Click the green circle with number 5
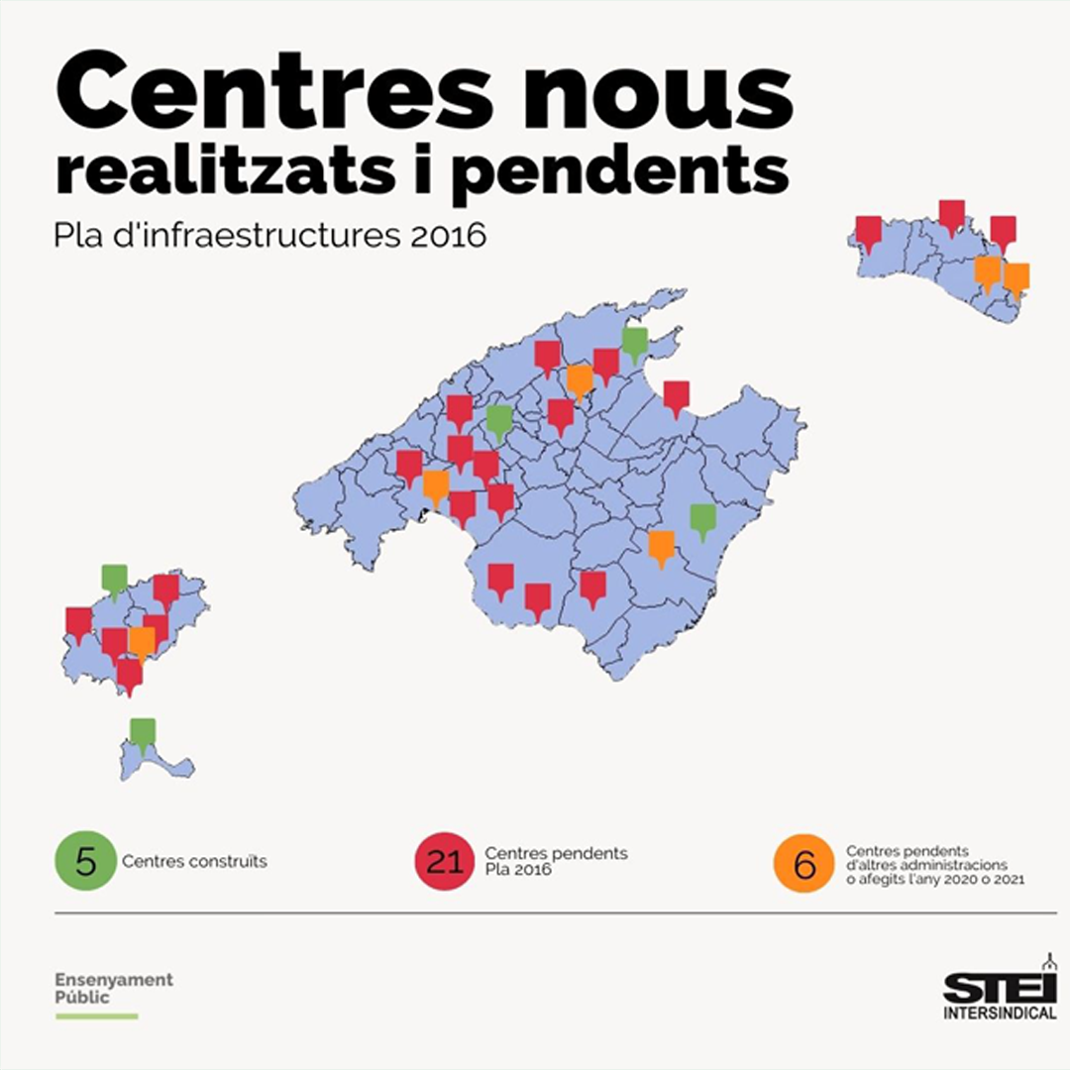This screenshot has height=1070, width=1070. coord(86,861)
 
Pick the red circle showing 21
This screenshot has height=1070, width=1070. coord(445,861)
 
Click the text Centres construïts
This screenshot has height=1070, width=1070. coord(195,861)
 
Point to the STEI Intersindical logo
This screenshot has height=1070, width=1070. coord(999,991)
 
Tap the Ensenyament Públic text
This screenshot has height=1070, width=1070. coord(113,988)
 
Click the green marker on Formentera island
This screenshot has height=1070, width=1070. coord(144,734)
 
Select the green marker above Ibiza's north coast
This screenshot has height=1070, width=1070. coord(115,580)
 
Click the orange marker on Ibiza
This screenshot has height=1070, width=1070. coord(143,642)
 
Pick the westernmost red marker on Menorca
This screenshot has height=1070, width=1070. coord(869,232)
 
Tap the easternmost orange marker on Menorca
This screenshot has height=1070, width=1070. coord(1016,278)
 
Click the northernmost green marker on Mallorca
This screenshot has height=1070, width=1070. coord(635,343)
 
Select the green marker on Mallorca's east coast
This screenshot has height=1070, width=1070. coord(702,519)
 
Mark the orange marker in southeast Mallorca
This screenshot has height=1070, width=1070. coord(661,546)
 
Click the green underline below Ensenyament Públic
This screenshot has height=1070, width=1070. coord(96,1016)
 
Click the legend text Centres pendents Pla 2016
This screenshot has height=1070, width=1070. coord(556,861)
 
